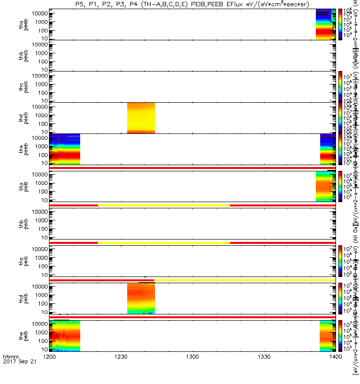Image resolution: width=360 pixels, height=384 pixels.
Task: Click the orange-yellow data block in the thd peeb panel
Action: click(141, 118)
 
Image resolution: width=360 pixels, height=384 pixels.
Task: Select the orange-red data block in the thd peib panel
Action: click(141, 298)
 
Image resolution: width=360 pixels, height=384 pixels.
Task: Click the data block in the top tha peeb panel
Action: click(325, 24)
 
